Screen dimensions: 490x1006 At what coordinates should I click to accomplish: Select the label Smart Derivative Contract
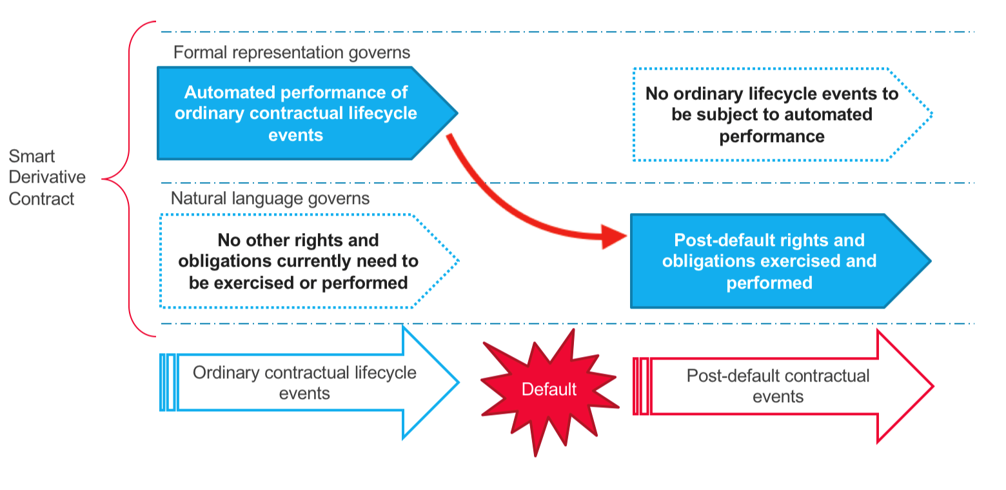click(x=42, y=178)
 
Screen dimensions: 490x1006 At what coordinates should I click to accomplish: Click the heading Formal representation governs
click(x=291, y=52)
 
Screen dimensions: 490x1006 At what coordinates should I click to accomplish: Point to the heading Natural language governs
click(x=270, y=198)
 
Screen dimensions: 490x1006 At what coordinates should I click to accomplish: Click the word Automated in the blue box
click(x=234, y=92)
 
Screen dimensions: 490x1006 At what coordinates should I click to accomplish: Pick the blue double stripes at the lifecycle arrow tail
click(x=167, y=382)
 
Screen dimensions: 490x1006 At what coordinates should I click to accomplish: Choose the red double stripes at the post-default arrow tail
click(x=641, y=386)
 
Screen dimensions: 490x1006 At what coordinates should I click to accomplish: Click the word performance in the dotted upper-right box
click(x=772, y=136)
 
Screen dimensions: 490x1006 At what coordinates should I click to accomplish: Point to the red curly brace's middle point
click(x=105, y=178)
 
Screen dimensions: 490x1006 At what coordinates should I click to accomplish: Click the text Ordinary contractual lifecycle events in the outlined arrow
click(x=304, y=382)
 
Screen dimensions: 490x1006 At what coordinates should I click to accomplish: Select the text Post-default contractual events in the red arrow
click(x=778, y=385)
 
